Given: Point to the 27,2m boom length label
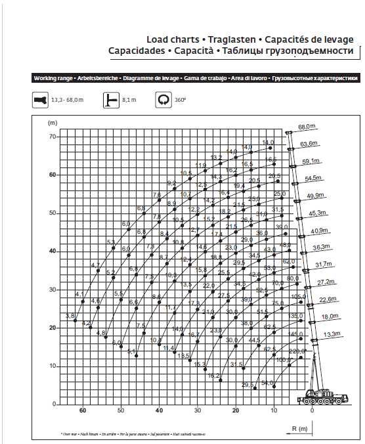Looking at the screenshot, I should coord(326,282).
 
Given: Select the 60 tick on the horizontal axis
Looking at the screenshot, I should coord(83,411).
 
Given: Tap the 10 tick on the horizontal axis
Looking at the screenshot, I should coord(274,411).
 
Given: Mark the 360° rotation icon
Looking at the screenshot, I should coord(162,100).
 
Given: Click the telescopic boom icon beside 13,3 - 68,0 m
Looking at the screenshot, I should coord(40,100).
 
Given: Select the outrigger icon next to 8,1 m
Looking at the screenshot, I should coord(110,100).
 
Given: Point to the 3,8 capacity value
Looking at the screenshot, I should coord(70,316).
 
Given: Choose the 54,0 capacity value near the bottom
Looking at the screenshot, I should coord(267,383).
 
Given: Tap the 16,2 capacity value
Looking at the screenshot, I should coord(213,376).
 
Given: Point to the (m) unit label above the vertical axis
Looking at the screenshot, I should coord(53,123).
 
